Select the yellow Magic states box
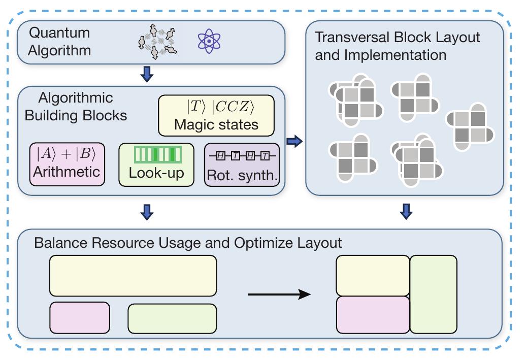[x=216, y=115]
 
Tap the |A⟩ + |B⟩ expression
[x=66, y=154]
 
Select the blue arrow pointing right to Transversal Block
[x=294, y=142]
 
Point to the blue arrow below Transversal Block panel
[x=405, y=211]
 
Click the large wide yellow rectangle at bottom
[x=133, y=275]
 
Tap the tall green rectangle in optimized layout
[x=433, y=294]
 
